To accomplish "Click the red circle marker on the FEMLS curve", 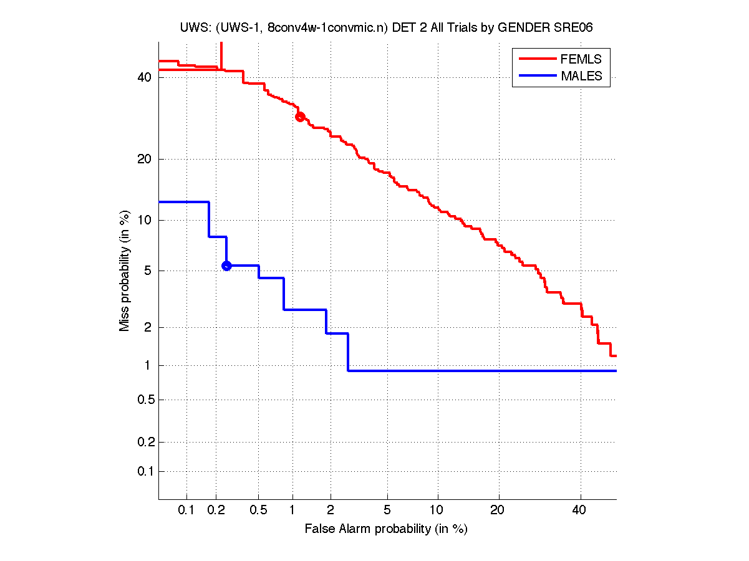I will pos(300,117).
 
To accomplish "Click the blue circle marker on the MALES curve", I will pos(226,266).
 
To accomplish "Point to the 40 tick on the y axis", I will pos(145,77).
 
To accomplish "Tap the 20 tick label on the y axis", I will pos(145,159).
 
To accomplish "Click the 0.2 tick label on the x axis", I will pos(216,511).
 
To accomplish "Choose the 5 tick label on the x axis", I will pos(387,511).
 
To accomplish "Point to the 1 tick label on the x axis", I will pos(292,511).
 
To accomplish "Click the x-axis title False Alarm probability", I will pos(386,529).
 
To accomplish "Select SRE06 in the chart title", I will pos(574,28).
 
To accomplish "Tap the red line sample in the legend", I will pos(537,59).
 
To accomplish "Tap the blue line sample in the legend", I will pos(537,76).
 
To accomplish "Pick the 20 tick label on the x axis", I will pos(496,511).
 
